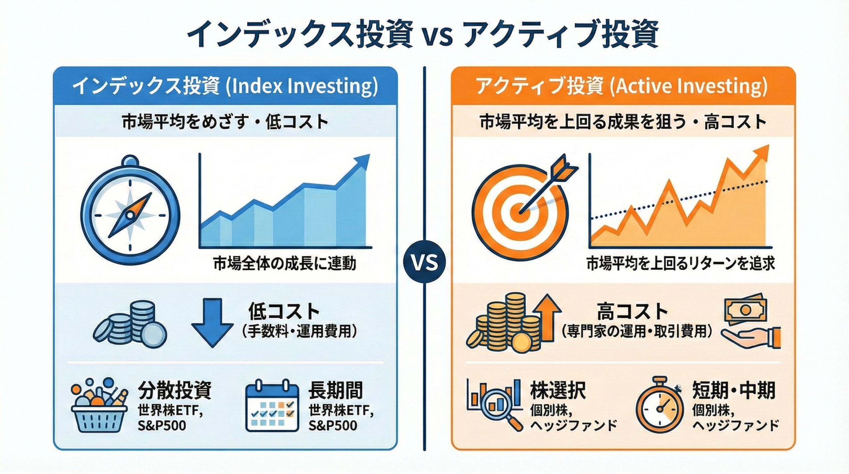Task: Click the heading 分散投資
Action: coord(174,390)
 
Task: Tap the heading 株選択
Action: coord(558,390)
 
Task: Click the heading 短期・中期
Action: coord(734,390)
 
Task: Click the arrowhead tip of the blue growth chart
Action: coord(369,155)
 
